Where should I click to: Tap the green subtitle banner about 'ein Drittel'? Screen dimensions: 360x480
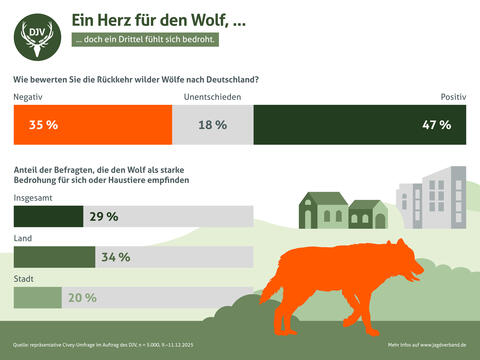144,42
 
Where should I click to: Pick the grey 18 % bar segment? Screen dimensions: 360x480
213,125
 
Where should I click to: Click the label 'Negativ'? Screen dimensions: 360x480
28,97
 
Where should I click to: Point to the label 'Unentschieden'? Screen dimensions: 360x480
212,97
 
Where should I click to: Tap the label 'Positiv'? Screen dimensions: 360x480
453,97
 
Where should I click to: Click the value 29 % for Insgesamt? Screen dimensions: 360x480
104,216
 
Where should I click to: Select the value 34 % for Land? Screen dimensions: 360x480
115,257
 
